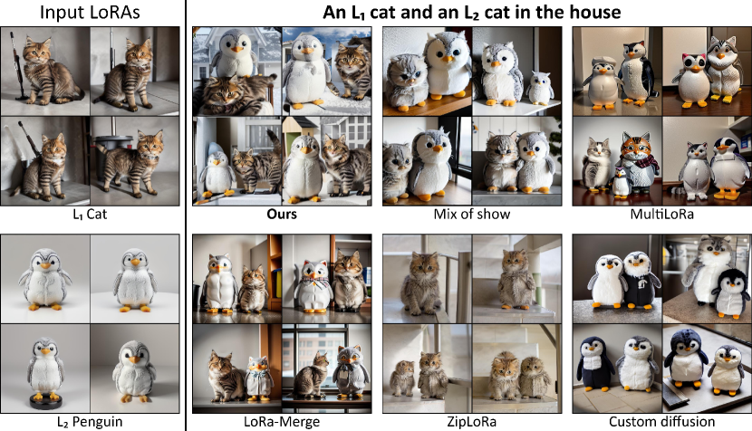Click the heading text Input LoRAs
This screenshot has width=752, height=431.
coord(90,13)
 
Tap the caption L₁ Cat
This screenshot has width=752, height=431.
coord(90,214)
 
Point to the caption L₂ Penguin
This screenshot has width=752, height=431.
coord(90,422)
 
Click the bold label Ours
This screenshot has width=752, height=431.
coord(282,214)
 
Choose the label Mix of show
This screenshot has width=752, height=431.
coord(472,214)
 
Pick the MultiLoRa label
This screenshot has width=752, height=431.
coord(661,214)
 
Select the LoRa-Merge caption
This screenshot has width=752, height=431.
coord(282,422)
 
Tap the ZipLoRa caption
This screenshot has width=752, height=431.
coord(472,422)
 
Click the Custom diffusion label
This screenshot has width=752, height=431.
coord(661,422)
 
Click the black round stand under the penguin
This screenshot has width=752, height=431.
coord(45,401)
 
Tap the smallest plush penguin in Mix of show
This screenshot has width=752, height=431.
coord(540,88)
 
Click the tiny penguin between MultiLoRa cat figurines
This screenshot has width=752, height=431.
coord(622,182)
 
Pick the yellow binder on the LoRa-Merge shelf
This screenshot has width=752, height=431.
coord(276,283)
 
